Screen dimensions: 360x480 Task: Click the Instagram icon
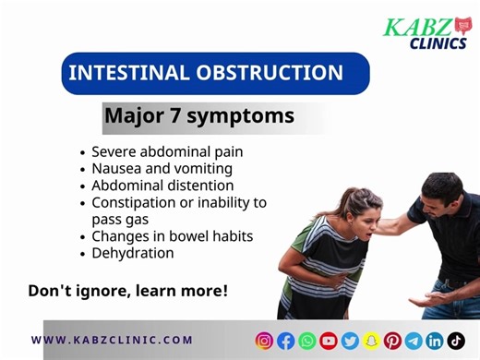click(x=265, y=341)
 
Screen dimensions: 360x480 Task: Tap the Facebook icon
click(x=286, y=341)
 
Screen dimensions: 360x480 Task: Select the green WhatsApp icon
click(x=307, y=341)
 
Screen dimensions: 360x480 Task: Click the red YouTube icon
click(x=329, y=341)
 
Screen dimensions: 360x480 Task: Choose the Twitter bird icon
click(x=350, y=341)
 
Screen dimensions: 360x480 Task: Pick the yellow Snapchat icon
click(x=371, y=341)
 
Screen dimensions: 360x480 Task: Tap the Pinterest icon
click(x=392, y=341)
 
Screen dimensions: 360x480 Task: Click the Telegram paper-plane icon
click(x=414, y=341)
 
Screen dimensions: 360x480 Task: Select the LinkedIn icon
click(x=435, y=341)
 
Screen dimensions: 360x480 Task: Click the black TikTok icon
click(x=456, y=341)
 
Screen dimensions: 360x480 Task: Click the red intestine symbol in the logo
click(x=462, y=25)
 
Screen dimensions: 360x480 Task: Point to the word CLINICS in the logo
click(x=438, y=42)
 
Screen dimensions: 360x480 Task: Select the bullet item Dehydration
click(x=132, y=252)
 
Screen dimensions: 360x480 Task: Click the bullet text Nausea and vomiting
click(x=162, y=168)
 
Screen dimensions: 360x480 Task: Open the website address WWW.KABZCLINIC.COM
click(x=112, y=340)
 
